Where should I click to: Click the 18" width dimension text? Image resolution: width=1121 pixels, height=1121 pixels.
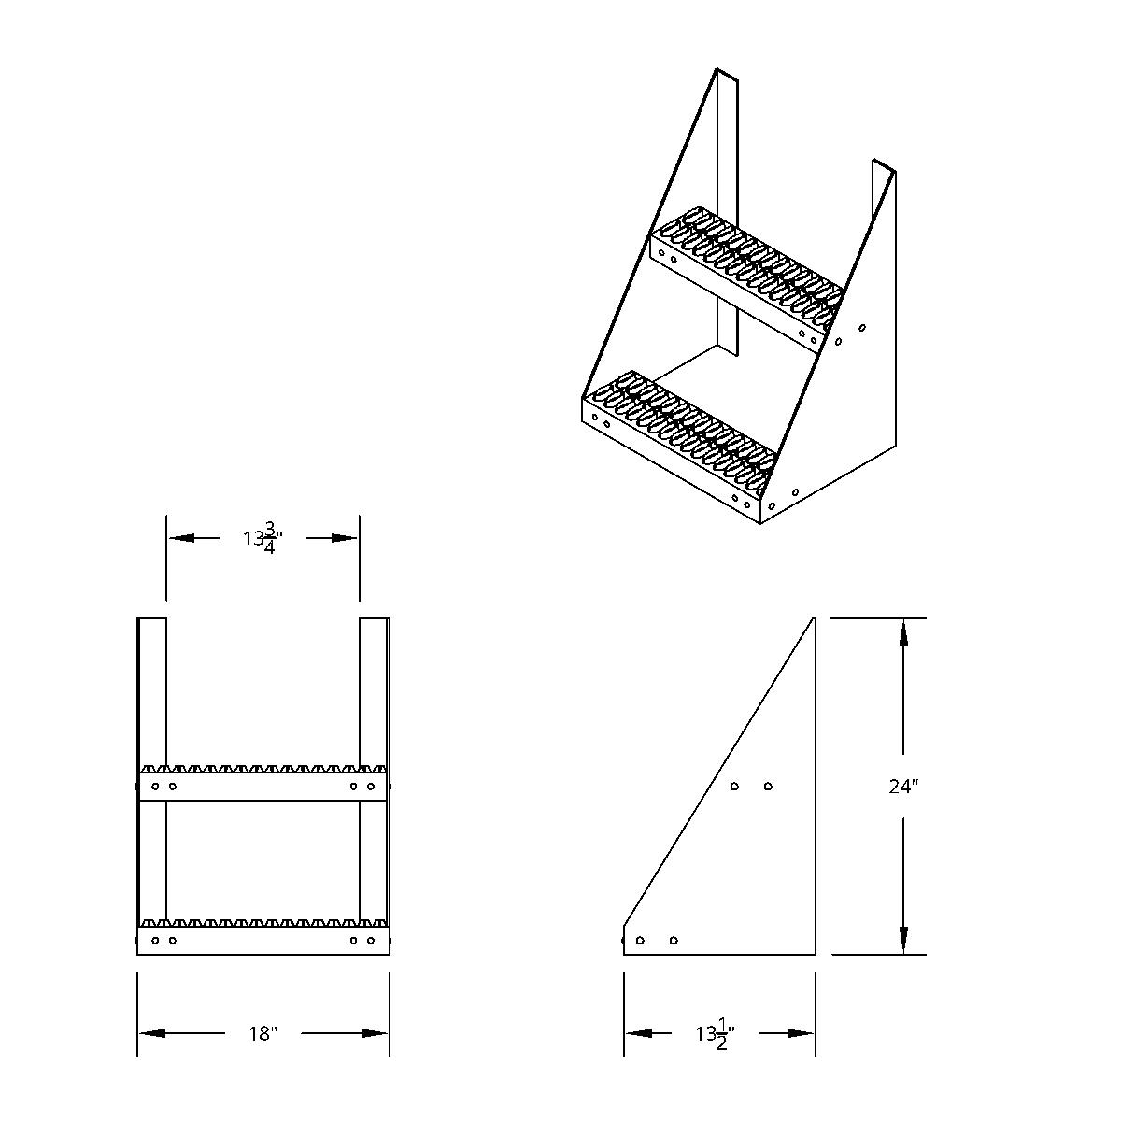tap(263, 1033)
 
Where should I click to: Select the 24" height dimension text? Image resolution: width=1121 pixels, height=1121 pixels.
tap(903, 787)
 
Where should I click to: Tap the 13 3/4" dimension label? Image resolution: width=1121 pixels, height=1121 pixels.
tap(263, 539)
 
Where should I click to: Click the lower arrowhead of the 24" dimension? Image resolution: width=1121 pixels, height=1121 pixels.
tap(903, 939)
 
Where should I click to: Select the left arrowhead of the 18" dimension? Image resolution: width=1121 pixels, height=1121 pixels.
tap(153, 1033)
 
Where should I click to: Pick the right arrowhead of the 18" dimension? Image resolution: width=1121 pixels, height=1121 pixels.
tap(375, 1033)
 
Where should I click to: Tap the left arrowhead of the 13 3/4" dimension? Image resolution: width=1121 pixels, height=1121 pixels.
tap(181, 538)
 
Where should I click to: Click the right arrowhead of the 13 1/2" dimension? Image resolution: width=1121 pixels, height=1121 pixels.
tap(801, 1033)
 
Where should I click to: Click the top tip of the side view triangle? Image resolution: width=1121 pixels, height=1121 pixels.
tap(815, 618)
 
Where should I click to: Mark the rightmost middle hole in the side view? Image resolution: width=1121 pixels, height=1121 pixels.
tap(768, 787)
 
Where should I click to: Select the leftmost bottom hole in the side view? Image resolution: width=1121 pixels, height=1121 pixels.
tap(640, 940)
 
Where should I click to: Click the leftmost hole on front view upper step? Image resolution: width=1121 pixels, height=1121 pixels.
tap(155, 787)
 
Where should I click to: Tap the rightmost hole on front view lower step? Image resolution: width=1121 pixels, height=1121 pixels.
tap(371, 940)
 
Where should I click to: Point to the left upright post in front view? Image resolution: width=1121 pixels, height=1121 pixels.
tap(152, 691)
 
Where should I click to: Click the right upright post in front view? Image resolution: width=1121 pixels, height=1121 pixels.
tap(374, 691)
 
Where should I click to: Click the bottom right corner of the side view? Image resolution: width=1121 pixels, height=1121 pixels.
tap(815, 954)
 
